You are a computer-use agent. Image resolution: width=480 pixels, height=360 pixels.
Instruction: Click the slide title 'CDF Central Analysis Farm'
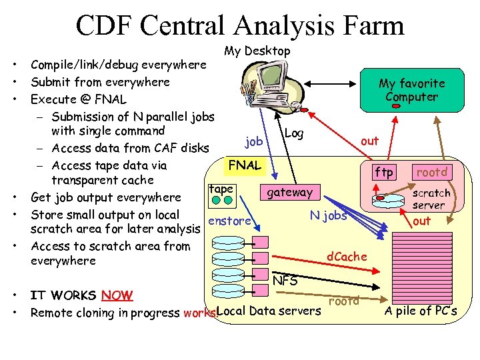tap(240, 25)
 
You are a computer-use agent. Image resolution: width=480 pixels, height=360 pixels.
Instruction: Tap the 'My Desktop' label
tap(257, 51)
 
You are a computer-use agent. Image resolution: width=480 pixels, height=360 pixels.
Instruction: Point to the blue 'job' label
tap(254, 141)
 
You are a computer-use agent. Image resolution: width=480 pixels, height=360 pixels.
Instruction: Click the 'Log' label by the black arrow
tap(293, 133)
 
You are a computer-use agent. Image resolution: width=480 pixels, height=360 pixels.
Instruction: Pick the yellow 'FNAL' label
tap(245, 165)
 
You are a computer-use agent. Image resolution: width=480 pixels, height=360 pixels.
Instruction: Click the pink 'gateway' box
tap(289, 193)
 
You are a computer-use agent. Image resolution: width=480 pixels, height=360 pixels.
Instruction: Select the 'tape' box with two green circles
tap(221, 191)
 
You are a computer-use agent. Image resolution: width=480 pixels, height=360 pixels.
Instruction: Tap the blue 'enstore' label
tap(229, 221)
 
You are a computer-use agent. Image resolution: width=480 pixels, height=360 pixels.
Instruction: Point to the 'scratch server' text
tap(431, 199)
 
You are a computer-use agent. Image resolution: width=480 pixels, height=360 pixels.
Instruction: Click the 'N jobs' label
tap(329, 215)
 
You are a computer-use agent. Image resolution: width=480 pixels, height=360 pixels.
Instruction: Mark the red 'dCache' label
tap(347, 256)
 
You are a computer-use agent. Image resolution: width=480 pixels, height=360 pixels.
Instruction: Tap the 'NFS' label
tap(285, 281)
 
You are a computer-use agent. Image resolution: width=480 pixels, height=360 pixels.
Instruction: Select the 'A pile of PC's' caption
tap(421, 311)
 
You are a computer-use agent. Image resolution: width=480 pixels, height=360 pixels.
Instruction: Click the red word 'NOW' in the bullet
tap(117, 295)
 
